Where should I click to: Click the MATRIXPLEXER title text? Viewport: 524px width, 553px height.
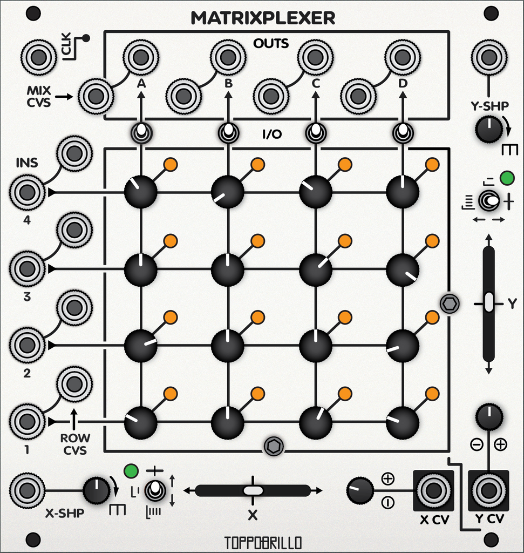coord(262,18)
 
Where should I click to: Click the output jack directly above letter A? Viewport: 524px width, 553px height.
coord(140,57)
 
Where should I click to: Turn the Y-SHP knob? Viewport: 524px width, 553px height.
coord(489,130)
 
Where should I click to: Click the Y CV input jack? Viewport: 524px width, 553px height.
coord(489,490)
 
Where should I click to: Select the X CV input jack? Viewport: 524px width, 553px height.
coord(432,490)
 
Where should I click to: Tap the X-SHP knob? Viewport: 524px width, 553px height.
coord(97,490)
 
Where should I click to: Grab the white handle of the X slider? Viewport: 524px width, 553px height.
coord(253,490)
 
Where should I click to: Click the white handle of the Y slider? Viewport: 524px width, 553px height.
coord(489,302)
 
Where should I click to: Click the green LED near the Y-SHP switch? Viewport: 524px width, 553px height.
coord(507,178)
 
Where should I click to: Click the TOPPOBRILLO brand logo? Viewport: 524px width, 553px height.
coord(263,542)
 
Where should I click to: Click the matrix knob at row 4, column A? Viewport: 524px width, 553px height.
coord(140,192)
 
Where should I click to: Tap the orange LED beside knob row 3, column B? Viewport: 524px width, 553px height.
coord(258,241)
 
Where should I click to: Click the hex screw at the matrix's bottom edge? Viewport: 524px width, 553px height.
coord(274,447)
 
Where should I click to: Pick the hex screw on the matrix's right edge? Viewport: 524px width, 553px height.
coord(449,304)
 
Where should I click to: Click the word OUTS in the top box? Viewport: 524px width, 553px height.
coord(270,43)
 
